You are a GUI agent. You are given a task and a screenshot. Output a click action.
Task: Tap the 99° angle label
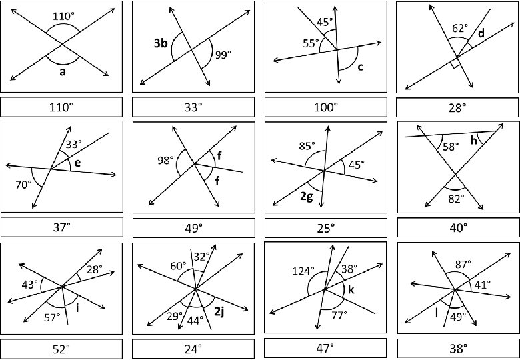222,55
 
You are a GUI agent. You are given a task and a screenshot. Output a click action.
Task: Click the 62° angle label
459,29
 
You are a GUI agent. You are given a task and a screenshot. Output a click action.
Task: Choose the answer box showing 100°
326,107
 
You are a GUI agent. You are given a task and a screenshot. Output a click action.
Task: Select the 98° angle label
164,161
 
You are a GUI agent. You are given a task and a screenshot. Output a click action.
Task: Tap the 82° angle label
455,199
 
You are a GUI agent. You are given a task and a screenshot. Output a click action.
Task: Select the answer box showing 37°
61,227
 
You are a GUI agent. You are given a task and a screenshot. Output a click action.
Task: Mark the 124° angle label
303,271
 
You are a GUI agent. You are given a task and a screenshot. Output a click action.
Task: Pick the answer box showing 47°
326,347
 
